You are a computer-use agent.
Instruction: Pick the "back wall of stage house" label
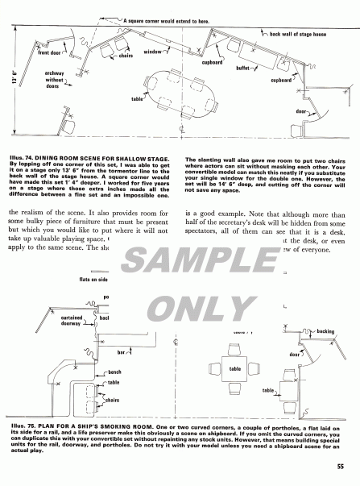297,33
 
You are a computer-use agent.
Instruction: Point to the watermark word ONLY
180,307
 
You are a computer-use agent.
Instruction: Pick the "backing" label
325,331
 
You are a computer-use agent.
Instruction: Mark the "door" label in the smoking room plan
296,354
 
